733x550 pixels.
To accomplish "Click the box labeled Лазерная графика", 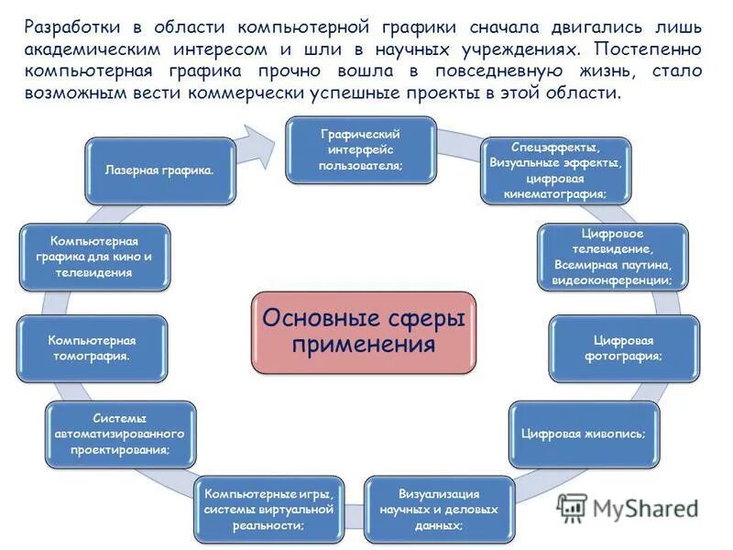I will (160, 170).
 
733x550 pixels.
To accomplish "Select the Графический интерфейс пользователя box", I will (360, 148).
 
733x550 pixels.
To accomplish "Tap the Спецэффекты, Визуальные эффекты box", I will (554, 170).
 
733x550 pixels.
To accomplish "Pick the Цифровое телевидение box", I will (611, 257).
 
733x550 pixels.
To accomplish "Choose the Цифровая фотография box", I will (623, 348).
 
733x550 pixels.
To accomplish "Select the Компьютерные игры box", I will (267, 510).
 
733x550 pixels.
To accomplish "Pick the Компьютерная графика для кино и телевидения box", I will (94, 257).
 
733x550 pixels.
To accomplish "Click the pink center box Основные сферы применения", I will (364, 332).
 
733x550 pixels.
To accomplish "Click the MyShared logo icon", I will (573, 509).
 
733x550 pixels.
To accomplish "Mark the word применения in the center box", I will (364, 345).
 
